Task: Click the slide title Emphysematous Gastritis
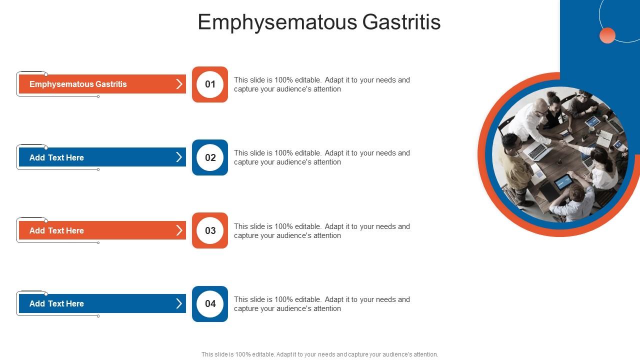pyautogui.click(x=319, y=22)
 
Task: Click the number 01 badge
pyautogui.click(x=210, y=84)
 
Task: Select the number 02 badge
pyautogui.click(x=210, y=157)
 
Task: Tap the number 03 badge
pyautogui.click(x=210, y=230)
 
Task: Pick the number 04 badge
pyautogui.click(x=210, y=304)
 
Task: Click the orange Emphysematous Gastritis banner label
pyautogui.click(x=78, y=84)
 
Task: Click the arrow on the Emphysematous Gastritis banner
pyautogui.click(x=179, y=84)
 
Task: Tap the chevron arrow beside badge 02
pyautogui.click(x=179, y=157)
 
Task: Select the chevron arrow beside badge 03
pyautogui.click(x=179, y=230)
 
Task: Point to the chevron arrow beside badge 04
pyautogui.click(x=179, y=303)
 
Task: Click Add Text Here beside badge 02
pyautogui.click(x=56, y=157)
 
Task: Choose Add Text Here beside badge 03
pyautogui.click(x=56, y=230)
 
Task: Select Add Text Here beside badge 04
pyautogui.click(x=56, y=303)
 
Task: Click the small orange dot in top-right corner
pyautogui.click(x=607, y=35)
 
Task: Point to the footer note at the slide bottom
pyautogui.click(x=319, y=354)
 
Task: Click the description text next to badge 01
pyautogui.click(x=321, y=84)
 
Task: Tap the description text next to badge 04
pyautogui.click(x=321, y=304)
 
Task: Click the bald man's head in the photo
pyautogui.click(x=540, y=105)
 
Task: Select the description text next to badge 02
pyautogui.click(x=321, y=157)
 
